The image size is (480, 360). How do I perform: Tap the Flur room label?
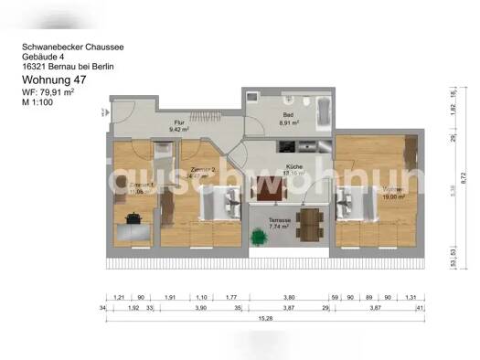click(x=179, y=122)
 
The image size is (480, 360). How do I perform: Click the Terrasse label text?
click(x=281, y=220)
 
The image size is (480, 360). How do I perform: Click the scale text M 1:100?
click(x=41, y=102)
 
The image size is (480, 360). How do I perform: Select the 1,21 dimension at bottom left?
click(x=119, y=298)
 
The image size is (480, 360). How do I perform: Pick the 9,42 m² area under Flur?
click(x=179, y=130)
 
